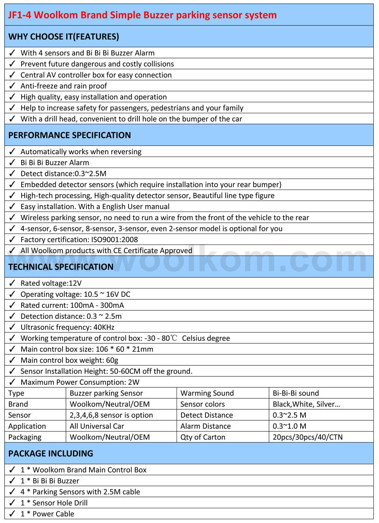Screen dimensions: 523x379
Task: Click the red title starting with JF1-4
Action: [x=143, y=15]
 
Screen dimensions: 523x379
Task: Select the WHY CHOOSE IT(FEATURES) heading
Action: [x=64, y=37]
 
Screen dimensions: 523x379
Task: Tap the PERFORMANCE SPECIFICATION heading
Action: [x=70, y=135]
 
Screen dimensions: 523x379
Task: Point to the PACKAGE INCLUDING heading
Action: [x=51, y=454]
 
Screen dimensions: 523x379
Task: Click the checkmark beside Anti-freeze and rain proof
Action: [x=12, y=86]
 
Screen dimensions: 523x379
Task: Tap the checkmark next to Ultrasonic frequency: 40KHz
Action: [x=12, y=327]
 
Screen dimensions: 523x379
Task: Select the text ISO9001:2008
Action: [x=114, y=240]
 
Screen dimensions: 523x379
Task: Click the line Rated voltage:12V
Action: [x=51, y=283]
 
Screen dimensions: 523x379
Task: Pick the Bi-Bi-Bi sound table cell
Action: [x=296, y=393]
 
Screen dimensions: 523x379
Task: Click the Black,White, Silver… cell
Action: [x=306, y=404]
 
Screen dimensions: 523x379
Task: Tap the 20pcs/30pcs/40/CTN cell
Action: [x=307, y=437]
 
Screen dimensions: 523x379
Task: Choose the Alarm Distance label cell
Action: [x=205, y=426]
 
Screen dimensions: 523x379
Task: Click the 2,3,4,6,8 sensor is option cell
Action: [x=111, y=415]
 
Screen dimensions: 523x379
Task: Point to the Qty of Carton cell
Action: [x=203, y=437]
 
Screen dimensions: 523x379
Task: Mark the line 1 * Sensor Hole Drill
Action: [x=54, y=503]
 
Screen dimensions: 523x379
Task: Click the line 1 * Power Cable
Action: [x=47, y=514]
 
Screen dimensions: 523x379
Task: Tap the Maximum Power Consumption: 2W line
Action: [x=80, y=382]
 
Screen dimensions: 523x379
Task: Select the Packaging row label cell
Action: [x=25, y=437]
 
